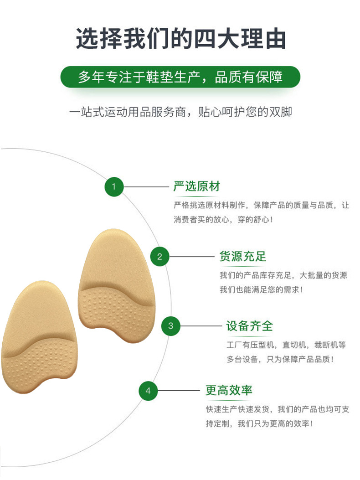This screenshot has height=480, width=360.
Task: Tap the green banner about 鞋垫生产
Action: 180,77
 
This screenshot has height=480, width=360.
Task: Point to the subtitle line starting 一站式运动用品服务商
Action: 180,112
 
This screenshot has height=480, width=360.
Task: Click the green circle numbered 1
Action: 114,186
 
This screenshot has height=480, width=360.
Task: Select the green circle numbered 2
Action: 159,257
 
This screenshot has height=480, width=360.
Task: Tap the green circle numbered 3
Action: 171,326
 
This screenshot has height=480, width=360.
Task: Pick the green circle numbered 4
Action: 148,391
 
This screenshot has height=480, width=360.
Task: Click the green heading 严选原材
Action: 196,186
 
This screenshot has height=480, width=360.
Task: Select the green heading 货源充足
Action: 242,256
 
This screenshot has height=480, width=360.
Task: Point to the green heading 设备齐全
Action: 249,326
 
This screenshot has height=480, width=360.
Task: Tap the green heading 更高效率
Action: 229,390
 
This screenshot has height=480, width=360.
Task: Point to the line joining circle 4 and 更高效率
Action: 179,391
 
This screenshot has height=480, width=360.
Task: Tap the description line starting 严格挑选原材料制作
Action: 261,205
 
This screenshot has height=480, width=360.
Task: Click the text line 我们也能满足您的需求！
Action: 261,289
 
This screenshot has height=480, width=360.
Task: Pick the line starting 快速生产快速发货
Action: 278,409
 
